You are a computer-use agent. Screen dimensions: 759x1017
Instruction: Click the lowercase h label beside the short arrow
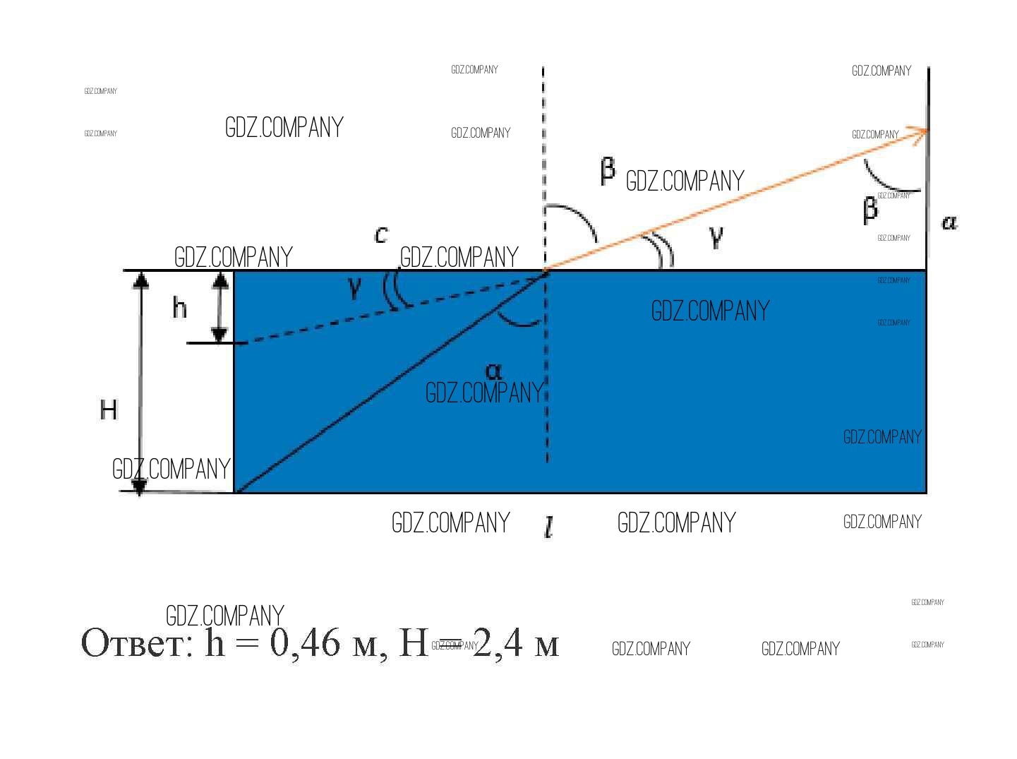click(180, 308)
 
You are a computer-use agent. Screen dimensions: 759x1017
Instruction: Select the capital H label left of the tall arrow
click(108, 410)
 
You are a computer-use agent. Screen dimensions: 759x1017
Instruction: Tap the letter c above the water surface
click(381, 234)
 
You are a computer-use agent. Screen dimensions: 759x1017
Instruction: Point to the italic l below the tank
click(549, 527)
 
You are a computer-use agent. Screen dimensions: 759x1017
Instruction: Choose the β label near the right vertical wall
click(871, 210)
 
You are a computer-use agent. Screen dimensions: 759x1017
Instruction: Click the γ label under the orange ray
click(716, 237)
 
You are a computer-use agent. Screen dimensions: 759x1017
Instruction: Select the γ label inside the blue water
click(355, 287)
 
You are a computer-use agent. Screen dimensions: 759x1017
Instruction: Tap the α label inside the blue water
click(493, 371)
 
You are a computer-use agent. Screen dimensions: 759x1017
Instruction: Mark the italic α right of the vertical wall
click(949, 223)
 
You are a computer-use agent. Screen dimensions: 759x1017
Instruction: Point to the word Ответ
click(137, 643)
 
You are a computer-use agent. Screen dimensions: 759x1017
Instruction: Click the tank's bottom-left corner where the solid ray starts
click(235, 492)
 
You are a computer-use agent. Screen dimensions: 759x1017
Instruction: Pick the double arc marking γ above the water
click(664, 251)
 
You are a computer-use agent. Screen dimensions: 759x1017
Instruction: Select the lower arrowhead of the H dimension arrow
click(140, 486)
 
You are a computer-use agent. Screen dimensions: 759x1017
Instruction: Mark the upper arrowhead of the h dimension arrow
click(220, 279)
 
